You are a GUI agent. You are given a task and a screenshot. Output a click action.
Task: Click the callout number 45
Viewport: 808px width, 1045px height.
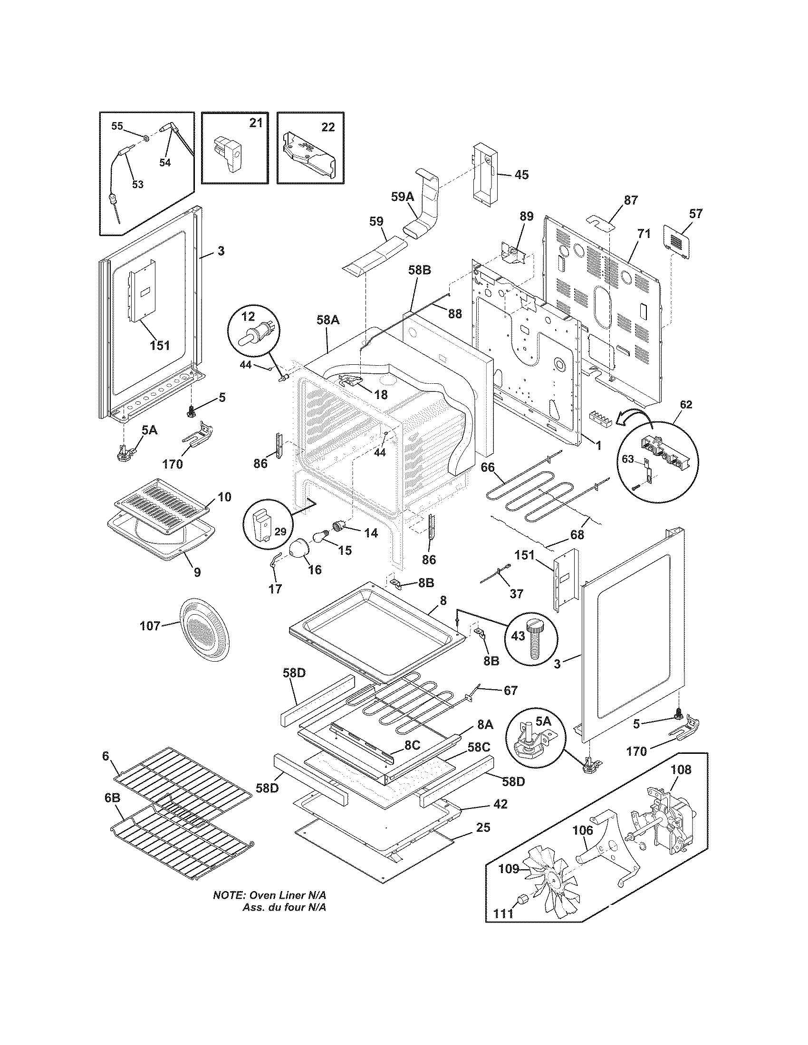click(521, 175)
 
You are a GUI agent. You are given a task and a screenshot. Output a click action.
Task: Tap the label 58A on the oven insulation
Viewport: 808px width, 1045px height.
click(327, 320)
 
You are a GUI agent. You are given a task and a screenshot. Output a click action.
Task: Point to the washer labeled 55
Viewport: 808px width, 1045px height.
click(145, 139)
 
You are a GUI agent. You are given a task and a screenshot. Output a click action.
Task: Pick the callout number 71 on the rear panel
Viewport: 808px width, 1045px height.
click(644, 235)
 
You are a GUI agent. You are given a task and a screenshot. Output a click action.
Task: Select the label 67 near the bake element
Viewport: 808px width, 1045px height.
click(510, 691)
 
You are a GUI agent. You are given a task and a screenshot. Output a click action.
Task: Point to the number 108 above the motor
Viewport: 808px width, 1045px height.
click(681, 770)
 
